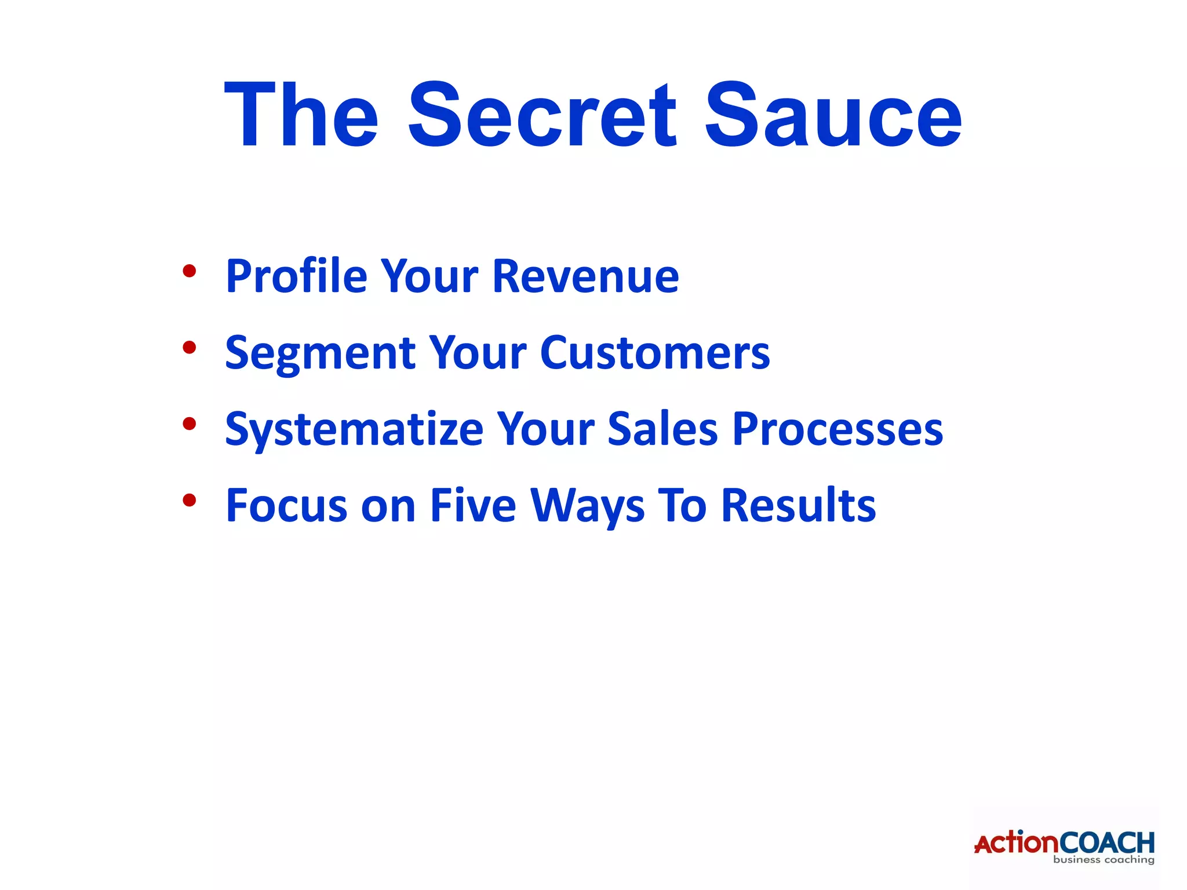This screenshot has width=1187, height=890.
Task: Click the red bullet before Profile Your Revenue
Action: pos(189,271)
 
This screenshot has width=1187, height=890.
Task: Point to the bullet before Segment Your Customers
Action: pos(189,347)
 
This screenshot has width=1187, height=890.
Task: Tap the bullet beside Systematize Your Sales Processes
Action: pos(189,424)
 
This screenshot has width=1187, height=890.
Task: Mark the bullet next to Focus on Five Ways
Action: pos(189,499)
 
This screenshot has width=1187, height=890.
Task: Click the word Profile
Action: pos(296,276)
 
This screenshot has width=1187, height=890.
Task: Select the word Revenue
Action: pos(585,276)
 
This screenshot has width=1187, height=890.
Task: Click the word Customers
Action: pos(655,353)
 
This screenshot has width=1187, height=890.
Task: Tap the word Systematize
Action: pos(354,429)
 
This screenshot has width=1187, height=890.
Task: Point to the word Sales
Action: pos(662,429)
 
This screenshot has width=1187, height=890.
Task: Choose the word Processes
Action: pos(838,429)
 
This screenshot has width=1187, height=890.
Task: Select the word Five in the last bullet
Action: pos(472,506)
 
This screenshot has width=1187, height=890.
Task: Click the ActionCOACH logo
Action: pos(1064,843)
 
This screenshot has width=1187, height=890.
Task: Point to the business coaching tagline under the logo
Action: pos(1104,860)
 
